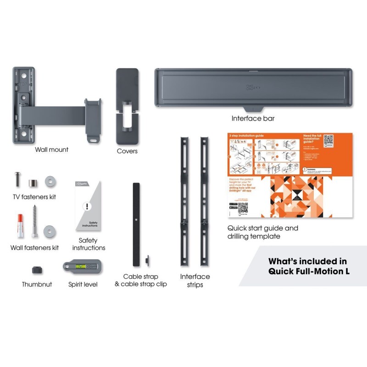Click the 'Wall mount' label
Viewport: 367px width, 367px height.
pos(51,150)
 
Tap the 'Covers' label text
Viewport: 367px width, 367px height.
pos(127,151)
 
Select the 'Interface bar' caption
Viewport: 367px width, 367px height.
pos(253,118)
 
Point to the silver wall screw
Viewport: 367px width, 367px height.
pos(34,220)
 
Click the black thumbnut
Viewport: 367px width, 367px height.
pos(37,270)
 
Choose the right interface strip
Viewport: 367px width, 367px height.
pos(204,201)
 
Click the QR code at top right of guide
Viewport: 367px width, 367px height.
pos(328,139)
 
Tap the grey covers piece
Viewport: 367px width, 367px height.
pos(127,106)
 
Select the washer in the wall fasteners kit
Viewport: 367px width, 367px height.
pos(49,231)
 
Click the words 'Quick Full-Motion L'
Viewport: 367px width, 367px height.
pos(308,271)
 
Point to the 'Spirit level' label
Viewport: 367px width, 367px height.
pos(83,284)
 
